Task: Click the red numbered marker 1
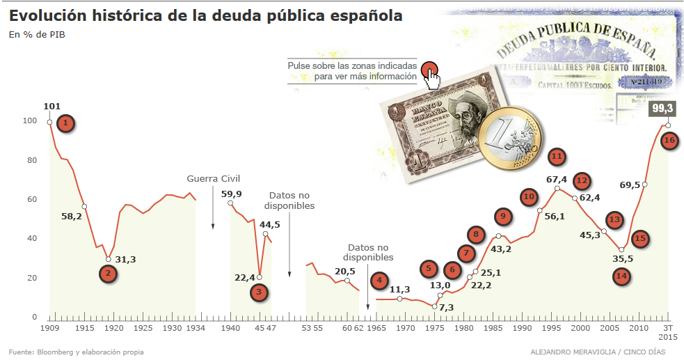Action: (65, 124)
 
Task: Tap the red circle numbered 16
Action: (669, 140)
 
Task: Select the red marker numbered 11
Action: (556, 157)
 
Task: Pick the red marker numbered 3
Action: (259, 292)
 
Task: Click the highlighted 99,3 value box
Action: (662, 109)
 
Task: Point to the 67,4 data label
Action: (557, 180)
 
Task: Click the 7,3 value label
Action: (446, 307)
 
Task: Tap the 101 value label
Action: (51, 107)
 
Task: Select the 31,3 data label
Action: (125, 260)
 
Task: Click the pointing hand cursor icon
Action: (433, 77)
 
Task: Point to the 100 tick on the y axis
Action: (29, 121)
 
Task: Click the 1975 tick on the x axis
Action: (434, 327)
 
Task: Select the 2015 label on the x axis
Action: (667, 337)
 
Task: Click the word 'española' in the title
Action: (365, 15)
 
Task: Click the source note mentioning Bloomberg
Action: (76, 352)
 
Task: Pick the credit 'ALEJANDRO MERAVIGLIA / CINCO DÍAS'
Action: (601, 352)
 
